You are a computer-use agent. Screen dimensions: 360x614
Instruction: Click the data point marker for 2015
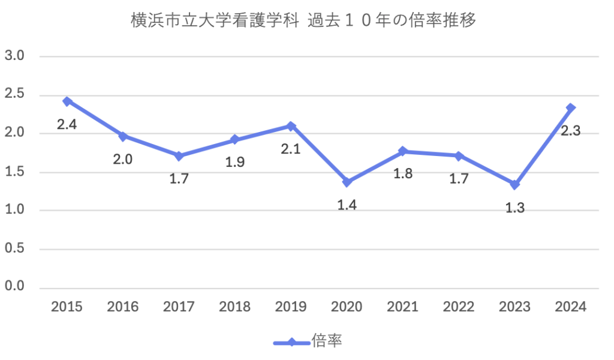click(x=67, y=101)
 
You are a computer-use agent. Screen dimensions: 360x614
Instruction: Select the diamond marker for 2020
click(x=347, y=182)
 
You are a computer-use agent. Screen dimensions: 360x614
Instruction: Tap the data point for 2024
click(x=571, y=108)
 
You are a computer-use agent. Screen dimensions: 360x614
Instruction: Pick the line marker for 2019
click(x=291, y=126)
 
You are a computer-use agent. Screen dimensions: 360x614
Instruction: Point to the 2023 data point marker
click(x=514, y=185)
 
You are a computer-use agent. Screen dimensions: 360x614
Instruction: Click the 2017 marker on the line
click(x=179, y=156)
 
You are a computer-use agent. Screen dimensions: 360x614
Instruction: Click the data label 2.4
click(x=67, y=125)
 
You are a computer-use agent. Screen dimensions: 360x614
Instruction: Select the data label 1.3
click(x=514, y=208)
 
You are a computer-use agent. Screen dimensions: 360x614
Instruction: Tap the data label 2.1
click(x=291, y=148)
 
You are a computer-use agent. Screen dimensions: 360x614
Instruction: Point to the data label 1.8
click(x=403, y=175)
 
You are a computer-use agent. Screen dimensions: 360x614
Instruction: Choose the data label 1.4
click(x=347, y=206)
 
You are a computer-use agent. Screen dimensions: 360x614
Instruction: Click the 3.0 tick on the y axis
click(x=14, y=57)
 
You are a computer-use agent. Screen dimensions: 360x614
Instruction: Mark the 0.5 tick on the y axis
click(x=14, y=249)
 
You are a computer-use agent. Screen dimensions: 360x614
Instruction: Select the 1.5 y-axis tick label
click(x=14, y=172)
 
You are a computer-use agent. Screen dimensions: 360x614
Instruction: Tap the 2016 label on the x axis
click(x=123, y=307)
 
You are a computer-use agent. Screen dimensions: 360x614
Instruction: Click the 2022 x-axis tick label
click(x=459, y=307)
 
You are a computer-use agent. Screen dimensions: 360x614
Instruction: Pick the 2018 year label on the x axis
click(x=235, y=307)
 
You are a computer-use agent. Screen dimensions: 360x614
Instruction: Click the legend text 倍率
click(x=327, y=342)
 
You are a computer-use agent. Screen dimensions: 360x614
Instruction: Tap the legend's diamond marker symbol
click(x=291, y=343)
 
